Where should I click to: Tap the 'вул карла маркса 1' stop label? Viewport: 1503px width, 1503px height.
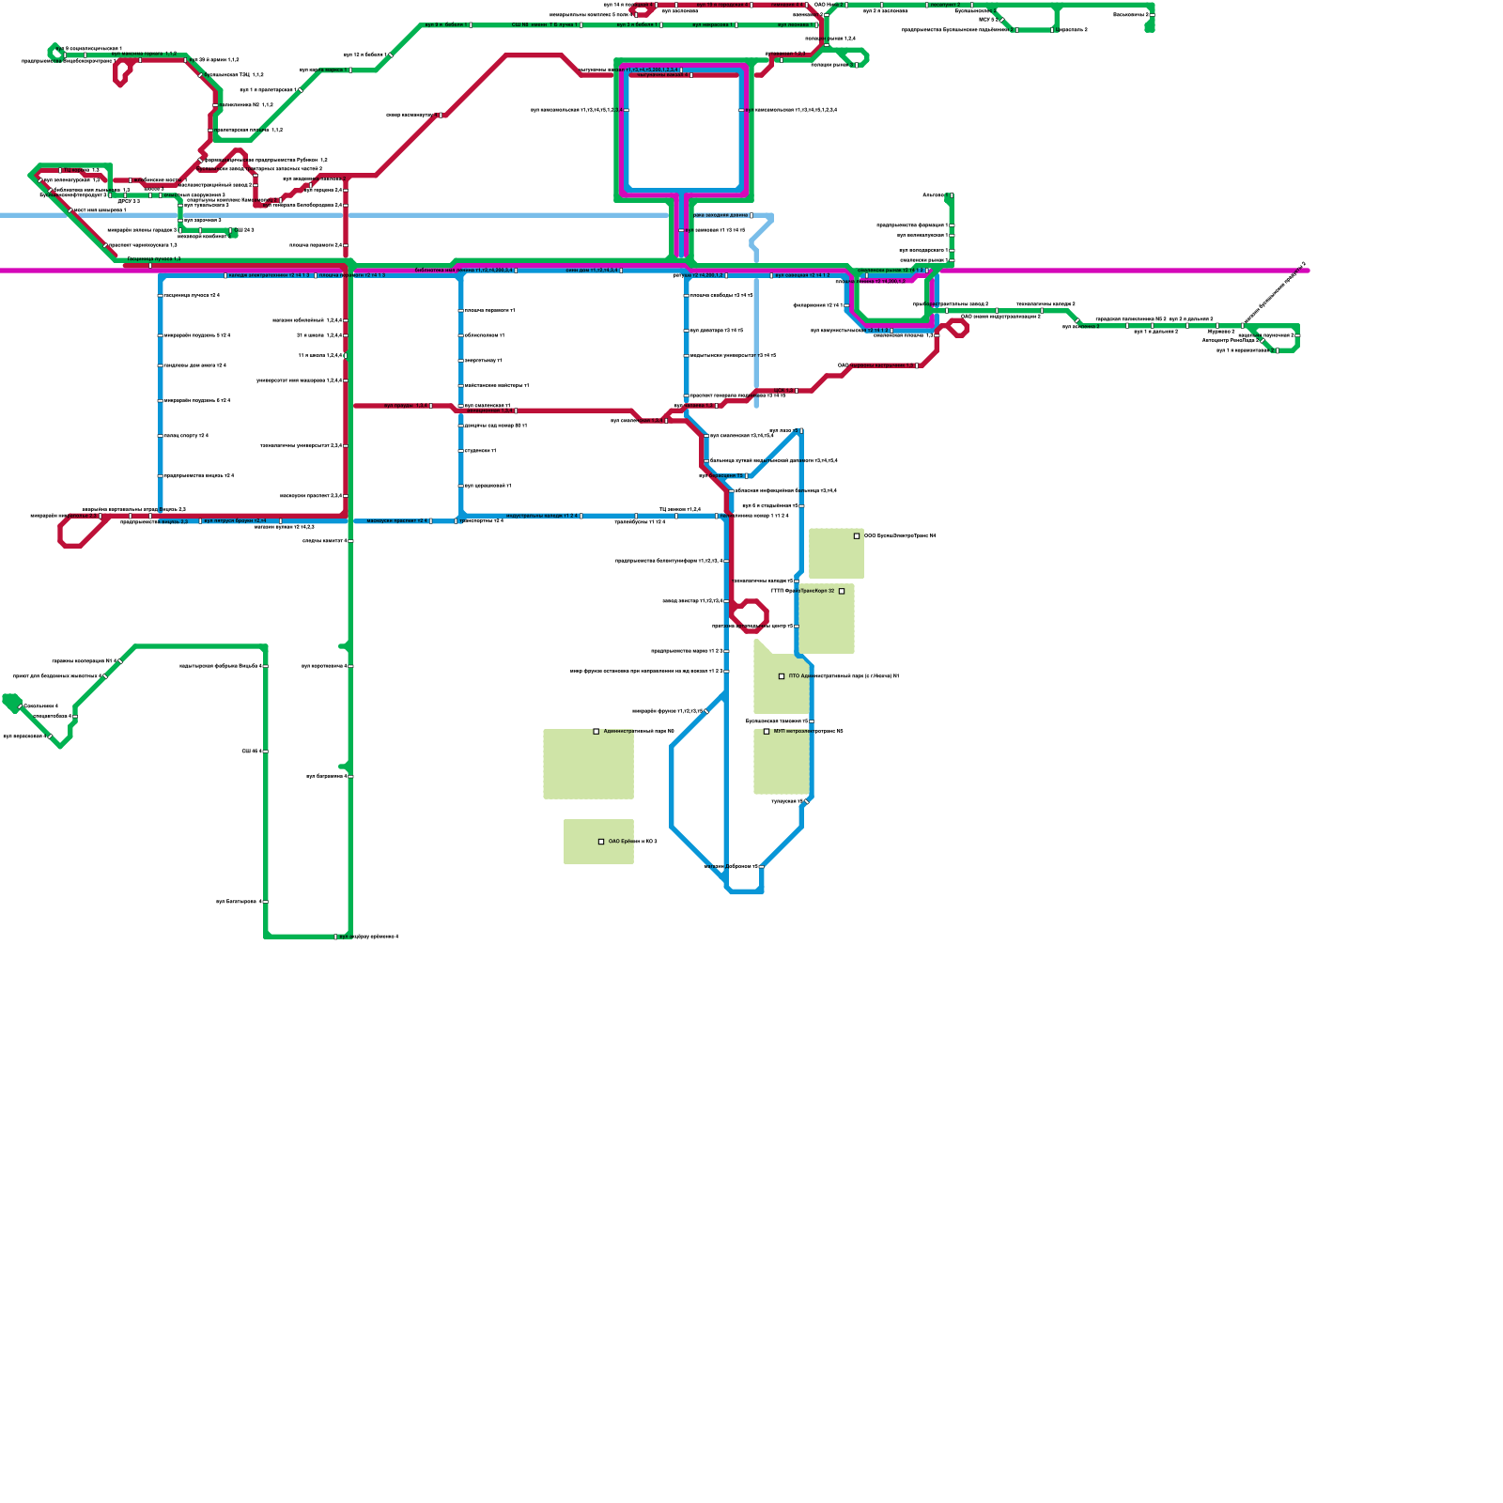click(x=322, y=70)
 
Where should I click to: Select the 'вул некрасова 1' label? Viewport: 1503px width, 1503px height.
click(x=713, y=24)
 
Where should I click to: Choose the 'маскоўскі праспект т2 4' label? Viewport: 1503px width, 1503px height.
click(x=396, y=520)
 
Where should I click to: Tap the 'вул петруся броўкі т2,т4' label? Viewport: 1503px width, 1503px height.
click(x=235, y=520)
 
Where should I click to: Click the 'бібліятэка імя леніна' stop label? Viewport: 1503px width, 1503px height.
click(x=464, y=270)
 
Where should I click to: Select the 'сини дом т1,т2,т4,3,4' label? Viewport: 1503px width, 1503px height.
click(x=592, y=270)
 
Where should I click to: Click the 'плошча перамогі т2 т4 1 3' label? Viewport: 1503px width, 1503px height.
click(x=352, y=275)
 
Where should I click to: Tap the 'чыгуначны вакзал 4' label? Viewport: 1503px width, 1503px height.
click(x=324, y=541)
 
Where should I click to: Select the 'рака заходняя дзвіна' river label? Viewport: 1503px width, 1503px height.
click(x=721, y=215)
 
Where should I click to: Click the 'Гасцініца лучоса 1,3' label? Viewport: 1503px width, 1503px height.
click(x=154, y=258)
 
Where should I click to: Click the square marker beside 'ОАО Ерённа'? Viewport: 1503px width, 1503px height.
click(x=601, y=842)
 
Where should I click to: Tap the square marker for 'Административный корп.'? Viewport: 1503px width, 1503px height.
click(x=597, y=731)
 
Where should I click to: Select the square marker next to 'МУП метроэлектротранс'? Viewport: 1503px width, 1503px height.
click(x=767, y=731)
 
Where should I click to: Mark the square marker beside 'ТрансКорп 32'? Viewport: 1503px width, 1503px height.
click(x=842, y=591)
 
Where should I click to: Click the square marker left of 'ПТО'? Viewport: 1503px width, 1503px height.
click(x=782, y=676)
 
